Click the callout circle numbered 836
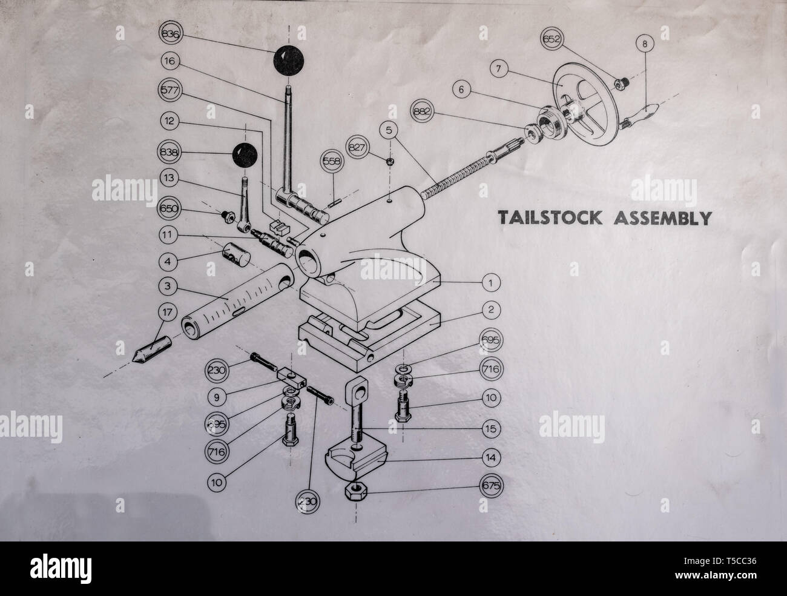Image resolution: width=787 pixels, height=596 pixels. click(170, 35)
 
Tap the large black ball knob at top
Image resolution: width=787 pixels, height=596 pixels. click(288, 61)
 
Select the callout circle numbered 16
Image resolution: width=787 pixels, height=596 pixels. click(170, 61)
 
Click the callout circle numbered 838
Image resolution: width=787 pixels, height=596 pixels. click(170, 153)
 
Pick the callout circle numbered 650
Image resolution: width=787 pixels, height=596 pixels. click(170, 209)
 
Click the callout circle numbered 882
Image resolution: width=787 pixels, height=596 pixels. click(421, 111)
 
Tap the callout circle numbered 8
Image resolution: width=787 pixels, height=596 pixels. click(645, 44)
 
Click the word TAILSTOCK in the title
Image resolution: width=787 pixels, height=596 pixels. click(550, 217)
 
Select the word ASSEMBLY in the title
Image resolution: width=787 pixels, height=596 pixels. click(662, 217)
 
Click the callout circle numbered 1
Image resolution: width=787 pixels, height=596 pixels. click(492, 282)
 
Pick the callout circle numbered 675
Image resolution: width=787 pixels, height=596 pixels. click(491, 485)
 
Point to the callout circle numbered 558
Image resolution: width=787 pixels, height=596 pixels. click(332, 162)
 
